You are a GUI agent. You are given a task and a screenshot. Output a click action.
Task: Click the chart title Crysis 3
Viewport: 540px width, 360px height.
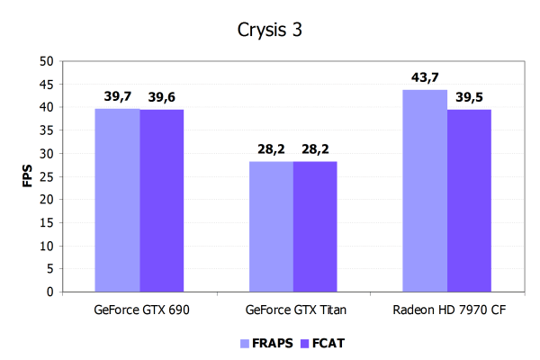coord(270,29)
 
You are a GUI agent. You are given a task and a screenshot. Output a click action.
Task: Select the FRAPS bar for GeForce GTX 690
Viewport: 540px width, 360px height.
coord(118,200)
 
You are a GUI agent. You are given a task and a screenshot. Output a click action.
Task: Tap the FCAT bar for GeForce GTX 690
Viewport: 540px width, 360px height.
coord(162,200)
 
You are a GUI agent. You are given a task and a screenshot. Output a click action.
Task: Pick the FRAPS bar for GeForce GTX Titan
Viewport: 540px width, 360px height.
coord(271,227)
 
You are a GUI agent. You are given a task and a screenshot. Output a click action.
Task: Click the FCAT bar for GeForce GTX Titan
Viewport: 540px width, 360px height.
coord(315,227)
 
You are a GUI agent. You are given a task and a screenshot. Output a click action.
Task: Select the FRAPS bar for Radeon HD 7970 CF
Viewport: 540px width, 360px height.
coord(425,191)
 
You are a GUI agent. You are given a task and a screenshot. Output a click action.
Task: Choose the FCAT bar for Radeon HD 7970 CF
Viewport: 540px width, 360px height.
coord(469,201)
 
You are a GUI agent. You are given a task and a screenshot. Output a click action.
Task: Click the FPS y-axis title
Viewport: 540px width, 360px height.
coord(25,175)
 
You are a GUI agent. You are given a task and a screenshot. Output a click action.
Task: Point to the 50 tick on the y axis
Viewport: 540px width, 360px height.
coord(47,61)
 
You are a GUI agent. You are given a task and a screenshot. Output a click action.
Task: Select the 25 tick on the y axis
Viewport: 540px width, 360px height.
coord(47,176)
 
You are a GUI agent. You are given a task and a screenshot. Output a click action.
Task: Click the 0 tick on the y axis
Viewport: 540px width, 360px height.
coord(50,292)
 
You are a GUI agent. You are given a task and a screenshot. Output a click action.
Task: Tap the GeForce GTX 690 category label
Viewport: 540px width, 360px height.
coord(140,310)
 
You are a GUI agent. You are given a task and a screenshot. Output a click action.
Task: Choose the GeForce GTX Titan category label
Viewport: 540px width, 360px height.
coord(293,310)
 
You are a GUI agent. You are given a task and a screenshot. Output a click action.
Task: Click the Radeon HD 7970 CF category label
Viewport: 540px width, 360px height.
coord(446,310)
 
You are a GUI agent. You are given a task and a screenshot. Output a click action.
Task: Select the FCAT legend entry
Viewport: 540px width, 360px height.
coord(319,343)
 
